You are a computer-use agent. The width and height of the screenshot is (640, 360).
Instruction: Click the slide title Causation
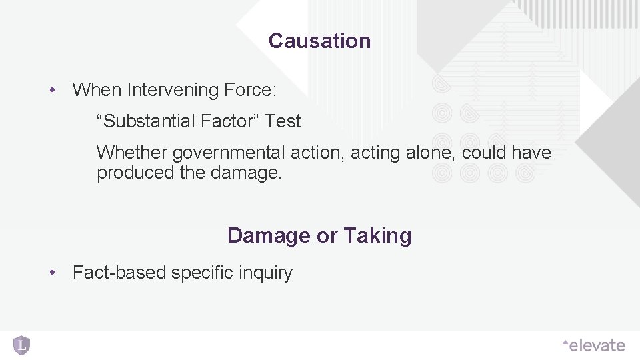[319, 41]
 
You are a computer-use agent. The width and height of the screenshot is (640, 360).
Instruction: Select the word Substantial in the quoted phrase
[149, 121]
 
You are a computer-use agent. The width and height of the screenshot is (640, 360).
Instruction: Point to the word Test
[283, 121]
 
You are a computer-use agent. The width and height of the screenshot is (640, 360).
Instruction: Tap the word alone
[427, 153]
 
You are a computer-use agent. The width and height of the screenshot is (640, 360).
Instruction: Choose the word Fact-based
[119, 273]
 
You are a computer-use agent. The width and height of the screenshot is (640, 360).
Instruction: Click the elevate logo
[593, 345]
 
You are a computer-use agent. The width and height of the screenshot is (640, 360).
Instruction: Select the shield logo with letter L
[22, 345]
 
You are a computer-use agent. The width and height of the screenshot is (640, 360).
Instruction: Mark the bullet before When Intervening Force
[51, 89]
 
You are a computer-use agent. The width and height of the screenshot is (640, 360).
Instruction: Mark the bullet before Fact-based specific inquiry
[51, 273]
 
